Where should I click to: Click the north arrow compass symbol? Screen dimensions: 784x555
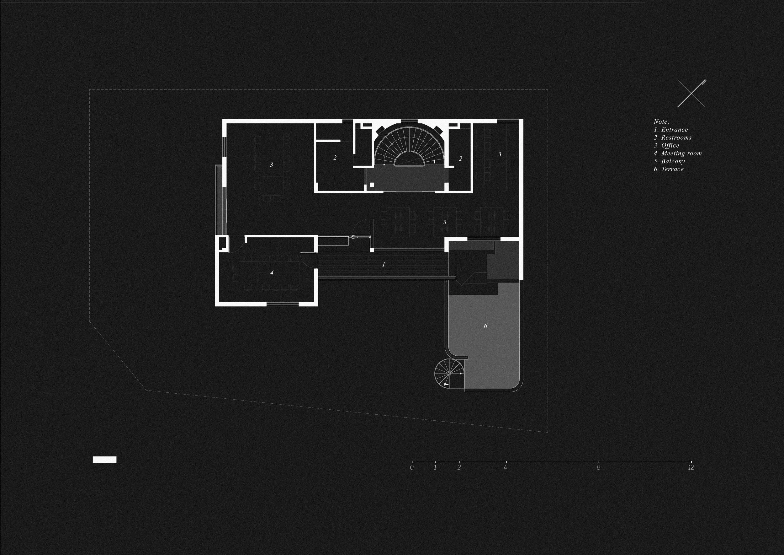coord(691,93)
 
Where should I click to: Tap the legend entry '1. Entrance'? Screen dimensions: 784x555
coord(671,130)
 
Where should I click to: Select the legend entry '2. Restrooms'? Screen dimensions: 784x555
coord(672,137)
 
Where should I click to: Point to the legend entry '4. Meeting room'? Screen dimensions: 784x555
coord(677,154)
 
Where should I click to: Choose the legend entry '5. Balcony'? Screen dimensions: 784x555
coord(669,161)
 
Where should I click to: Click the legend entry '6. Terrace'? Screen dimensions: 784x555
coord(669,169)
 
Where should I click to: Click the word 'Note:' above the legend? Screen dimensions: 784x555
coord(661,122)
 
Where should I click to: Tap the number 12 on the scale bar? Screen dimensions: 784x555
coord(691,467)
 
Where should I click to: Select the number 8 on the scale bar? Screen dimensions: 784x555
coord(599,467)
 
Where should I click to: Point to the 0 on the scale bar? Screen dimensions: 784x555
coord(412,467)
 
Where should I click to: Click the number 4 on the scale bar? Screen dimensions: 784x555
coord(505,467)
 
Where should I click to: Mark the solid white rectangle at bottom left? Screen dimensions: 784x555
coord(104,460)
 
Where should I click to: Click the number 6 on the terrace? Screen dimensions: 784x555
coord(485,326)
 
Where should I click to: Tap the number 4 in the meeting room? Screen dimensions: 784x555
coord(272,273)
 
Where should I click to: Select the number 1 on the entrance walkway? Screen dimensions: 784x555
coord(384,264)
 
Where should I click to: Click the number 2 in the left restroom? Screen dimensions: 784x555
coord(335,158)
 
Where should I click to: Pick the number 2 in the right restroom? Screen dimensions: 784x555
coord(461,159)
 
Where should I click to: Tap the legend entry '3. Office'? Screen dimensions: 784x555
coord(666,146)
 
